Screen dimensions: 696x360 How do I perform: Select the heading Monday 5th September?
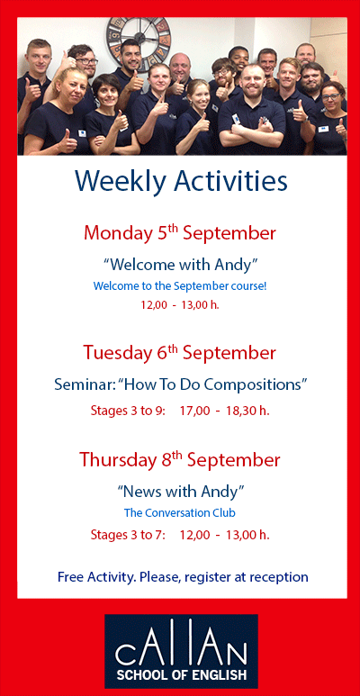click(180, 233)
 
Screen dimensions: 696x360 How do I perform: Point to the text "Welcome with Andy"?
click(180, 264)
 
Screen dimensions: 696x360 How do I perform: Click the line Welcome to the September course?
click(180, 285)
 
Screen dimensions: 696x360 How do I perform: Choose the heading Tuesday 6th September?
click(180, 352)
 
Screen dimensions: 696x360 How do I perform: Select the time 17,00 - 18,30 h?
click(224, 410)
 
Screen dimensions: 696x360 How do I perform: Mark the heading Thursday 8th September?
click(180, 459)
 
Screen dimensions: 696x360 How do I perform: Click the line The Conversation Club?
click(180, 512)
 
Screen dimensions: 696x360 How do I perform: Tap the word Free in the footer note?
click(72, 576)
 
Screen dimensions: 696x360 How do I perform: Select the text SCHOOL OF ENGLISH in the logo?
click(180, 673)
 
